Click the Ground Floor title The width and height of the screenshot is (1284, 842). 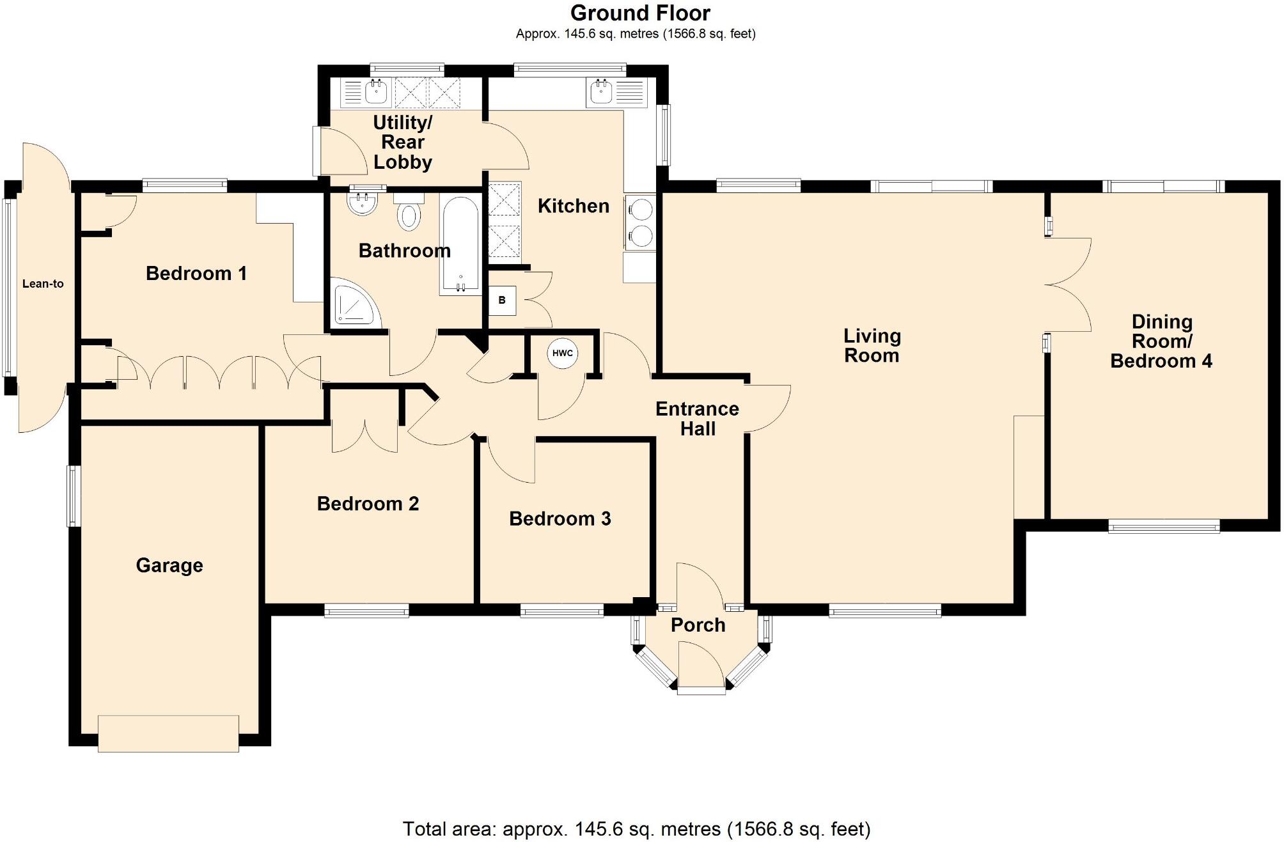click(640, 13)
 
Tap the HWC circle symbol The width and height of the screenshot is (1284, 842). click(563, 354)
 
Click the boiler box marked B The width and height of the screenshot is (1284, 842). click(502, 300)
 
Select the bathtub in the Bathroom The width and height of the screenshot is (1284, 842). click(460, 245)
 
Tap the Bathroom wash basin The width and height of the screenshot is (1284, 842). click(362, 203)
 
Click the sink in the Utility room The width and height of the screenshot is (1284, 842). click(376, 93)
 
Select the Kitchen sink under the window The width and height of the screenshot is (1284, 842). click(601, 93)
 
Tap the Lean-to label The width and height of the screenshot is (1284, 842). click(43, 284)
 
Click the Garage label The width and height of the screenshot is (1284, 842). click(169, 565)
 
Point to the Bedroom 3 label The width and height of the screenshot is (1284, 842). click(560, 518)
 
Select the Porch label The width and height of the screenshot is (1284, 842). click(698, 625)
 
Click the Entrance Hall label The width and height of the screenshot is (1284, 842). click(697, 419)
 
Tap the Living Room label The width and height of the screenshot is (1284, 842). click(872, 345)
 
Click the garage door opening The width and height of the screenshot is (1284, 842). click(168, 733)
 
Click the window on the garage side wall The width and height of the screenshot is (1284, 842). click(74, 496)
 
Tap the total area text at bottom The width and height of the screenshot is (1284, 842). click(636, 829)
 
